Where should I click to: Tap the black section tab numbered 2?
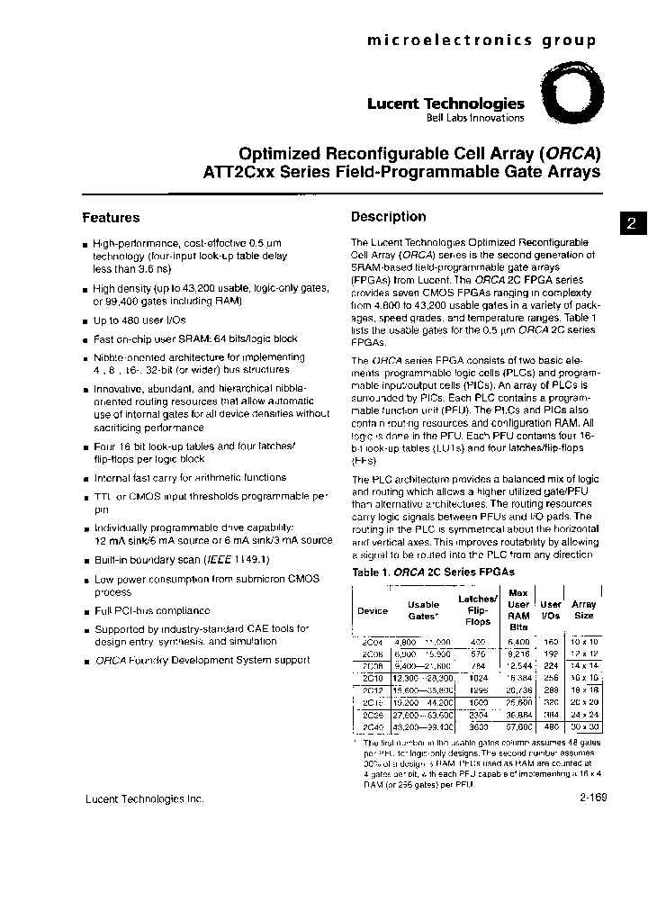(x=633, y=225)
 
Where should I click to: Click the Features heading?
(x=111, y=217)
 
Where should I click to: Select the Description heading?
(x=388, y=216)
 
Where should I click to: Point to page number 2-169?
(x=587, y=798)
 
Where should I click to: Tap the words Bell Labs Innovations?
(x=474, y=119)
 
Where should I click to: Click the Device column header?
(x=373, y=610)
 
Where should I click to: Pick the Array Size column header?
(x=584, y=610)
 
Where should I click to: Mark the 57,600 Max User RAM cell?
(x=518, y=725)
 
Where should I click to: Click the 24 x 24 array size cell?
(x=584, y=712)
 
